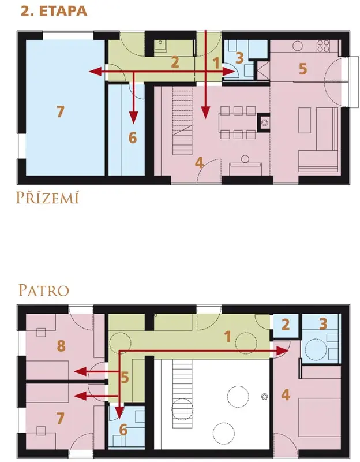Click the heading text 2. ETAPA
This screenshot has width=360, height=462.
point(54,11)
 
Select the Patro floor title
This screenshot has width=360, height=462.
point(44,290)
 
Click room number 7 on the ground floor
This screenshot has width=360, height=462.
point(60,112)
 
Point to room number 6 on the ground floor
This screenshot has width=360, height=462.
point(133,137)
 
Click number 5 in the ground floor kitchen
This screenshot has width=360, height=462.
point(303,69)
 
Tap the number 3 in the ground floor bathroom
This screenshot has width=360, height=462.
point(239,58)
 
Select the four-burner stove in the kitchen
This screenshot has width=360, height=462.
point(323,46)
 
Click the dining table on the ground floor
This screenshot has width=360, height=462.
point(238,122)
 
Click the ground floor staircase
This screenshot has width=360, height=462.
point(182,122)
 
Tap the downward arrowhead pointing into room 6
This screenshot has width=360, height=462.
point(134,118)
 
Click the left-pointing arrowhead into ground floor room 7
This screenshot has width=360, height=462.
point(95,72)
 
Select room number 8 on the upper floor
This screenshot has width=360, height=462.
point(61,345)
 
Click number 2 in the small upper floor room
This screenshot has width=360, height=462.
point(286,325)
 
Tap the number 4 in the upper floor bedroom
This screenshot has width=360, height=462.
point(286,395)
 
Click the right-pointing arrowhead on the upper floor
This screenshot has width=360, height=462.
point(283,351)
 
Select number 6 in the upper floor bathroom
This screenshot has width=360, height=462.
point(123,430)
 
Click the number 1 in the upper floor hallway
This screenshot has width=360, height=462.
point(227,337)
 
